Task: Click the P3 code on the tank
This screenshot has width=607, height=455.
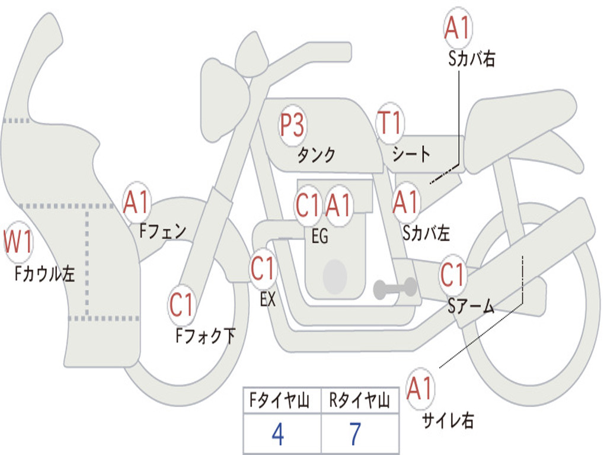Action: [292, 126]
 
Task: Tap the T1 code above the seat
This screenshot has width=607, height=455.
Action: [389, 123]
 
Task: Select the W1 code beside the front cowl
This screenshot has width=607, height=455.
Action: [18, 242]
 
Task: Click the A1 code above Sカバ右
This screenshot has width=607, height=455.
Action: [457, 28]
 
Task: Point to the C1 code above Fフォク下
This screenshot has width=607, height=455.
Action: [181, 305]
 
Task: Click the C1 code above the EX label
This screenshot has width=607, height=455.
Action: [263, 268]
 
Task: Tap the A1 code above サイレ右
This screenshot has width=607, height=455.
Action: [419, 388]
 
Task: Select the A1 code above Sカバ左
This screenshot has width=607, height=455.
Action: [405, 202]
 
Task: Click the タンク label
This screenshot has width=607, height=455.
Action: [317, 155]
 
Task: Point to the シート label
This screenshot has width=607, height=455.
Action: [411, 153]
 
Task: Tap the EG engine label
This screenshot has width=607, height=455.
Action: [320, 236]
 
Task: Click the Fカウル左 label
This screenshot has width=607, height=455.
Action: [44, 273]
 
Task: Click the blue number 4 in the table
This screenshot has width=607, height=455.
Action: [278, 434]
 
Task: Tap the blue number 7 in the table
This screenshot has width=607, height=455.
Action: [356, 434]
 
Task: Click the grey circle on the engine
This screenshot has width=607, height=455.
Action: [335, 276]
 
